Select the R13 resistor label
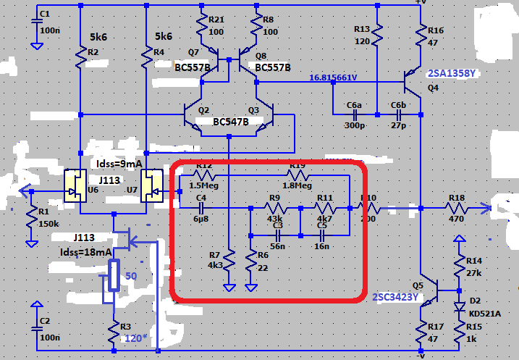[x=362, y=28]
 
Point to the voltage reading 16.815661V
[x=343, y=78]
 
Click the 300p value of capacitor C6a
[x=354, y=126]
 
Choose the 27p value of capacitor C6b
[x=398, y=126]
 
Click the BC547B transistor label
[x=231, y=122]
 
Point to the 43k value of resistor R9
[x=274, y=218]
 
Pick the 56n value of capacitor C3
[x=277, y=246]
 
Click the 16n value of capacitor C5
[x=321, y=246]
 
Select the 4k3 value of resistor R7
[x=215, y=265]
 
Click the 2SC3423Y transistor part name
[x=395, y=296]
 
